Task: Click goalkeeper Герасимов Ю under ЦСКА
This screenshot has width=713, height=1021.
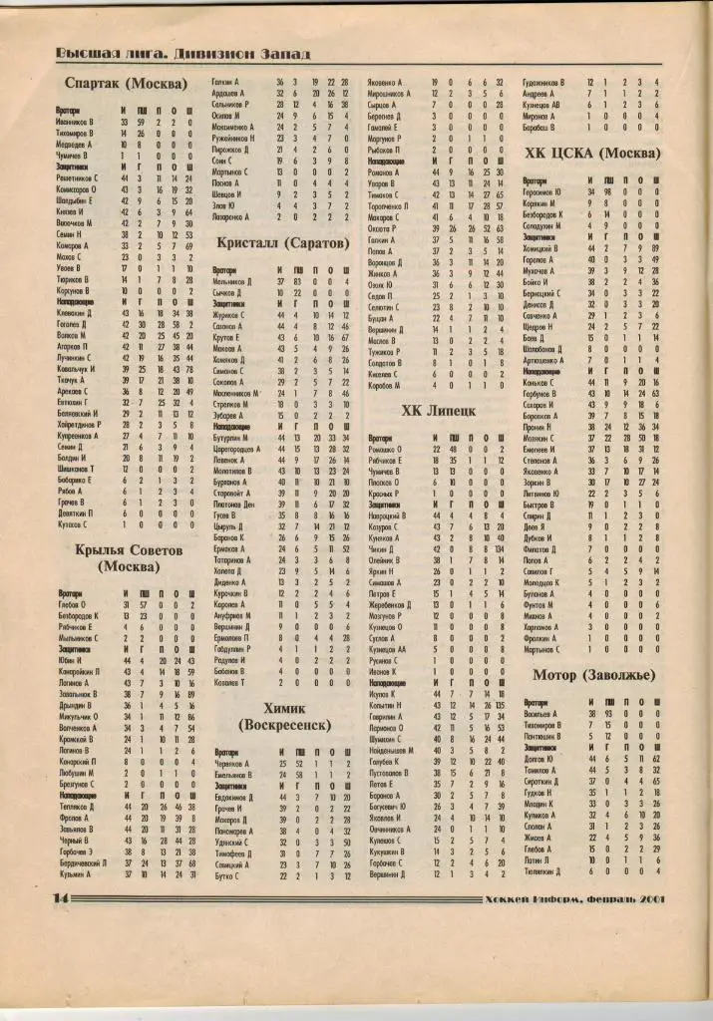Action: [551, 191]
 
